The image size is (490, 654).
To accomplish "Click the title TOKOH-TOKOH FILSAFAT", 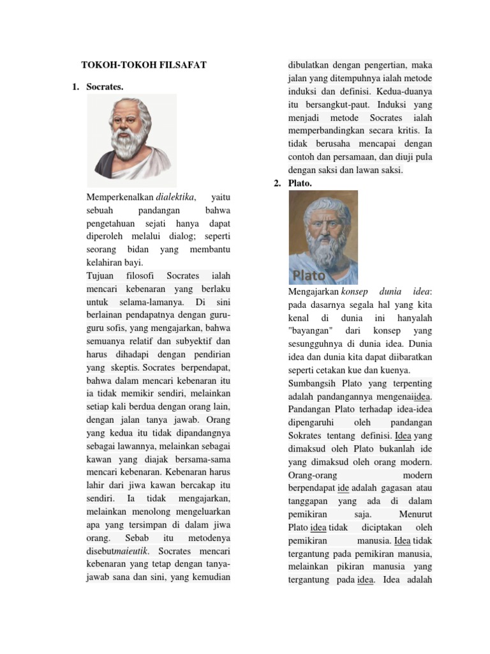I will pos(144,65).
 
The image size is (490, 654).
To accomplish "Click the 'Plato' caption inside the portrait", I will pos(309,276).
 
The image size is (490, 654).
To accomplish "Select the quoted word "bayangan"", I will pos(310,331).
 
